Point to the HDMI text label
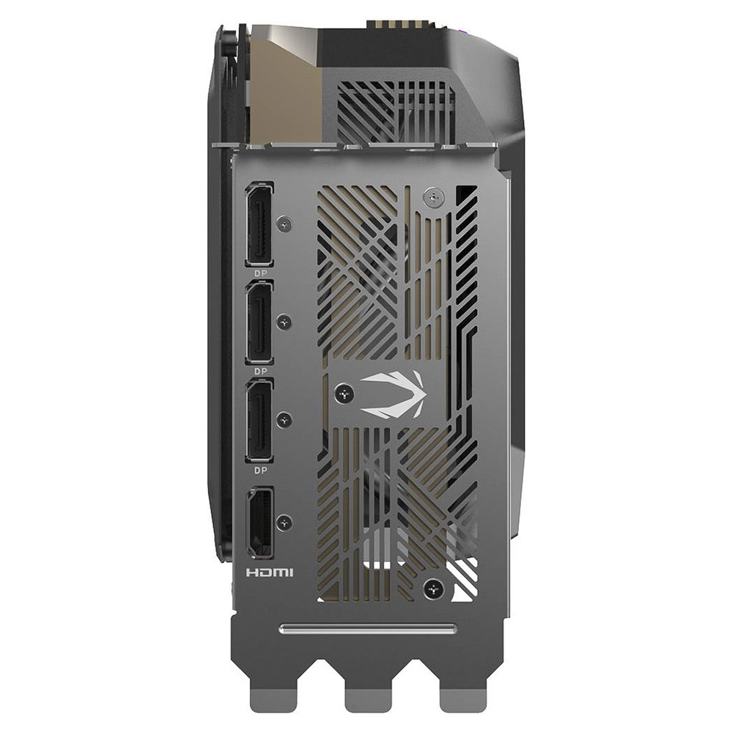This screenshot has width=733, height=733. tap(269, 571)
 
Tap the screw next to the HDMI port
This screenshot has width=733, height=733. tap(284, 522)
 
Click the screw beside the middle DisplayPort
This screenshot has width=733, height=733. tap(284, 321)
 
